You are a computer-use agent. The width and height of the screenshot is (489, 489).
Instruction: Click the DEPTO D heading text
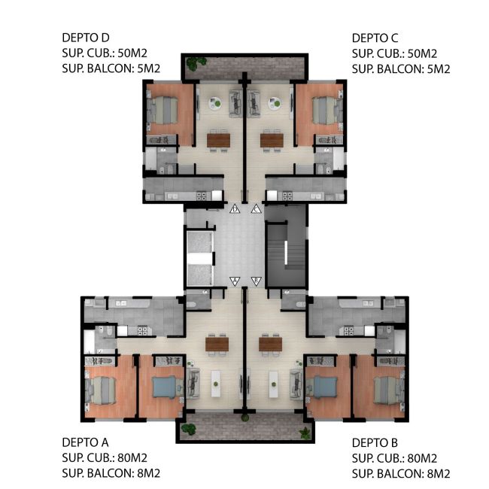(86, 38)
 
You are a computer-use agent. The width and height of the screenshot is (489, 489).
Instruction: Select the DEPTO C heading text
(375, 38)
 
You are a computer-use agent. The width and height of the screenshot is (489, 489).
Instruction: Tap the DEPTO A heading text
(85, 442)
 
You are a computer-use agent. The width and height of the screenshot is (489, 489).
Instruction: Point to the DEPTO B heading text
(375, 442)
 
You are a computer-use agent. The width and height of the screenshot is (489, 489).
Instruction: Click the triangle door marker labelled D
(235, 209)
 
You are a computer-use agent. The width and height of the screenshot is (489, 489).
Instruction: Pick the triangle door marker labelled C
(256, 209)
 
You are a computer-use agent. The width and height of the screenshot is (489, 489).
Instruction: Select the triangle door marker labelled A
(235, 281)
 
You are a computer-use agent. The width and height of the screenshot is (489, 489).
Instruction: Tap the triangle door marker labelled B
(256, 281)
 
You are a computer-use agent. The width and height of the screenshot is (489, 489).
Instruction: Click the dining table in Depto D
(219, 141)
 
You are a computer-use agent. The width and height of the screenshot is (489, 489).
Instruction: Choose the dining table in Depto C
(272, 141)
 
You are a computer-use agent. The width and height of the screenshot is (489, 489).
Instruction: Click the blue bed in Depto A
(165, 387)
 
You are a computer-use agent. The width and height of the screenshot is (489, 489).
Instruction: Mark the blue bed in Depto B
(326, 387)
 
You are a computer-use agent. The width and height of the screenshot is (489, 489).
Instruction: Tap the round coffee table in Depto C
(275, 103)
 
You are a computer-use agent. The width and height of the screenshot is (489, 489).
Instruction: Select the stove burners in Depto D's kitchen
(201, 196)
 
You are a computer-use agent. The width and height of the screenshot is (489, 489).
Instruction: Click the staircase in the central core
(287, 254)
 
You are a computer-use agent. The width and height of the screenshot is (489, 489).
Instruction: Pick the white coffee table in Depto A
(216, 384)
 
